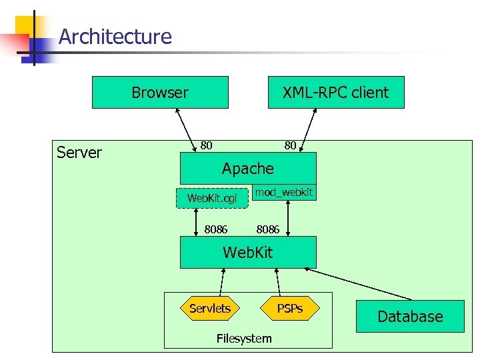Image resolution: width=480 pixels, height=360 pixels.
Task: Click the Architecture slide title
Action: (115, 36)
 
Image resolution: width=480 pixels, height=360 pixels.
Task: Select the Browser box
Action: (160, 93)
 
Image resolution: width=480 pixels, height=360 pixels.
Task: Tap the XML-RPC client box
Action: (335, 93)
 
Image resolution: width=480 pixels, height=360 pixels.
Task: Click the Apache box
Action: (248, 168)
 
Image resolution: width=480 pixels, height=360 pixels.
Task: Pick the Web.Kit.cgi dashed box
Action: (212, 198)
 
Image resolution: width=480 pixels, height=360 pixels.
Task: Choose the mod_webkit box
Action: (284, 192)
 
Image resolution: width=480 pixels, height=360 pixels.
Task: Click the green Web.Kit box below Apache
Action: (248, 253)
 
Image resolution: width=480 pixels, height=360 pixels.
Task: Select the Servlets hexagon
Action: (209, 308)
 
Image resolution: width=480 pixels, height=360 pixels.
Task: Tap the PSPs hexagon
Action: (290, 308)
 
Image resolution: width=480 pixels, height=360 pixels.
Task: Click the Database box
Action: (410, 317)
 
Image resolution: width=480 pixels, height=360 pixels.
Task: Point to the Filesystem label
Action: (244, 339)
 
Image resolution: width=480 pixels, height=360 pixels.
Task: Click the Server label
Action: (79, 153)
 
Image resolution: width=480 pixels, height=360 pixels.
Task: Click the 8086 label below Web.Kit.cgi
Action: (216, 229)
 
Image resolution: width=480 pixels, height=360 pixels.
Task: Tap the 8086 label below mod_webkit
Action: (268, 229)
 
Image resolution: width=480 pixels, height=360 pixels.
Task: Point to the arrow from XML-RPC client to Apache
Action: (307, 130)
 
